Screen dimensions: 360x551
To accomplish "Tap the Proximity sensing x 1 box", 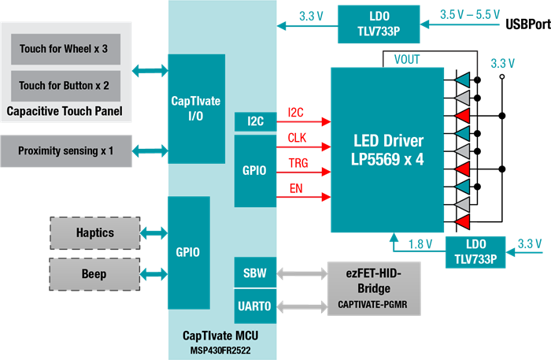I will [x=65, y=150].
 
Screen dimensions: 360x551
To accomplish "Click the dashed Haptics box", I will [x=94, y=233].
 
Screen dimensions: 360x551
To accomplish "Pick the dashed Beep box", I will [x=94, y=274].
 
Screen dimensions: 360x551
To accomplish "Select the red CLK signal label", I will [x=297, y=138].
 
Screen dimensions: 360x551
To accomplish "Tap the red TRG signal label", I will [x=298, y=164].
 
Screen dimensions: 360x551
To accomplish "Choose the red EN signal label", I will [x=296, y=189].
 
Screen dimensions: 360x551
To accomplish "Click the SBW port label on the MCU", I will [x=255, y=274].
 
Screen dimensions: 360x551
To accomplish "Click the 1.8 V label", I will [x=422, y=244].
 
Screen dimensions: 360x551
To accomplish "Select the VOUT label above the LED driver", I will [x=406, y=58].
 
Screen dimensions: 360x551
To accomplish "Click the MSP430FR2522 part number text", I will [x=221, y=350].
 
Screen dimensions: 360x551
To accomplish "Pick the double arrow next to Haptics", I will [x=153, y=233].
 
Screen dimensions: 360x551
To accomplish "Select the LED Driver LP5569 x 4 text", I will [x=389, y=150].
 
